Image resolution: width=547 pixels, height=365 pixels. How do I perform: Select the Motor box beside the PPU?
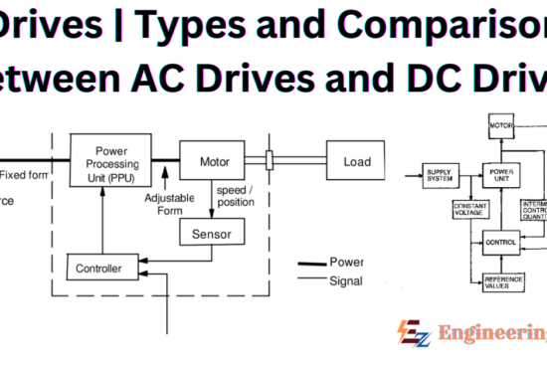coord(211,160)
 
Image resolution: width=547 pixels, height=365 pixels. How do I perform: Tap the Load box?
coord(356,160)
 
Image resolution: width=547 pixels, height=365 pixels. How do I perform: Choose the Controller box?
coord(99,269)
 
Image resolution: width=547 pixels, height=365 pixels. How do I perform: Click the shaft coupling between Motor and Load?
coord(270,159)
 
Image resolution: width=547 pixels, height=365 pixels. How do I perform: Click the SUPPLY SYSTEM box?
coord(440,174)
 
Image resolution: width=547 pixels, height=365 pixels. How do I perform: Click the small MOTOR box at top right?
coord(500,126)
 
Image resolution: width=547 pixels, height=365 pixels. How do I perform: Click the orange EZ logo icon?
coord(411,333)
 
